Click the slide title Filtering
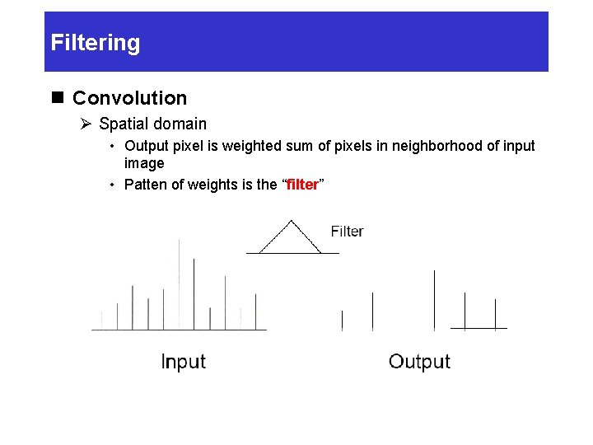96,43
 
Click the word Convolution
129,98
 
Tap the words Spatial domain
152,124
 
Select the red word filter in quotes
302,185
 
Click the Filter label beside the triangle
347,232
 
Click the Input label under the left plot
183,362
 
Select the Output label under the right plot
419,362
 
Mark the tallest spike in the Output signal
435,300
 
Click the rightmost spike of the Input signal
255,311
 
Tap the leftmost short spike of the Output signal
342,321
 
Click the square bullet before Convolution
58,98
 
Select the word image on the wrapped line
144,163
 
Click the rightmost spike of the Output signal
495,314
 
